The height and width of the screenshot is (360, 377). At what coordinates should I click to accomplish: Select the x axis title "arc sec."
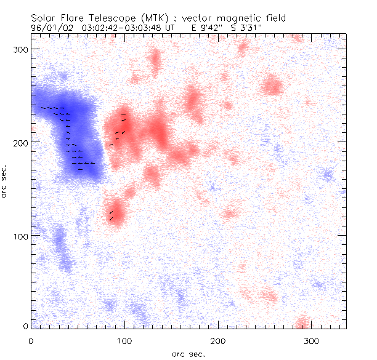point(188,354)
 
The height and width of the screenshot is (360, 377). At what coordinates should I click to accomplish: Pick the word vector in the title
point(202,18)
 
